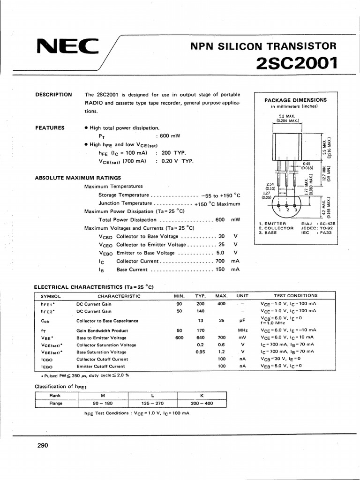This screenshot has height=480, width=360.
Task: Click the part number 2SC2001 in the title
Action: [297, 62]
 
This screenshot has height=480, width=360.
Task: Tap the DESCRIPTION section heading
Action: [54, 95]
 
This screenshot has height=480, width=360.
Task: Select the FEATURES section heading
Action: [50, 127]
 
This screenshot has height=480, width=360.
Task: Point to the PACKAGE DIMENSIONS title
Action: [295, 100]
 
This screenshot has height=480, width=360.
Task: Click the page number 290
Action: [43, 446]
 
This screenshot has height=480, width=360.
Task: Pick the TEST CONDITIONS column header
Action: [295, 296]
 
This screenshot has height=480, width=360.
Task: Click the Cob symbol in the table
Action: [45, 321]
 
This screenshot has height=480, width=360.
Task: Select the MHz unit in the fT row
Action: [242, 330]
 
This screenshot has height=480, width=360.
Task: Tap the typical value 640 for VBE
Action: [201, 337]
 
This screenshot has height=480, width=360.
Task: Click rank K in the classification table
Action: [201, 395]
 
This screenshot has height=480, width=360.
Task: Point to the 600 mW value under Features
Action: [170, 136]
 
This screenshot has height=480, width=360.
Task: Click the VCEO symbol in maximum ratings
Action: [105, 245]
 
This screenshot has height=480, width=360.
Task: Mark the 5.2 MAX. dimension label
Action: [285, 116]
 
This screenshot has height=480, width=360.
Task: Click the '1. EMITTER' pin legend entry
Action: [272, 224]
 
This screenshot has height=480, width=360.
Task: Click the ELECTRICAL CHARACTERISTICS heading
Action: [94, 287]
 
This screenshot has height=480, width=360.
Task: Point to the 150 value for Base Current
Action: [220, 270]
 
